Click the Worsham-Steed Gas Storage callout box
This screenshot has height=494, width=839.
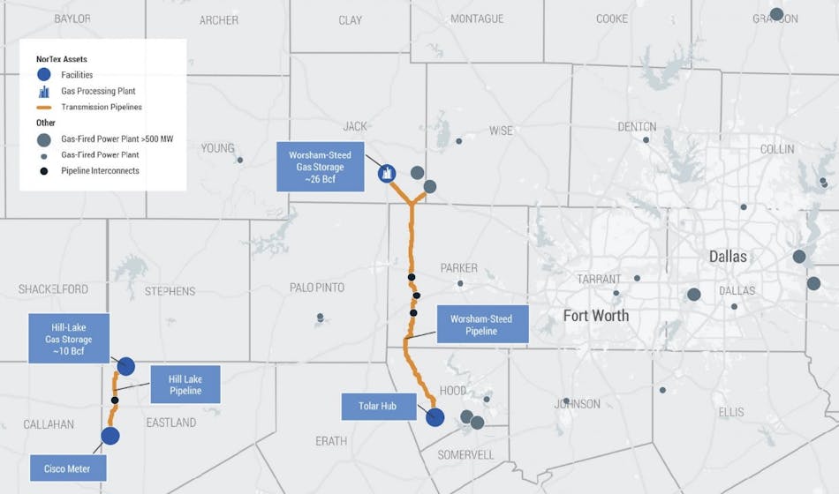tap(321, 166)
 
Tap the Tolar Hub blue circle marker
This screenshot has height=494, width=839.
tap(435, 416)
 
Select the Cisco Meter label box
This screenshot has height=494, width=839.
tap(67, 468)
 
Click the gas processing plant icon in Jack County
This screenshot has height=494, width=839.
tap(387, 174)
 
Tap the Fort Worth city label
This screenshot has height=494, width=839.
tap(596, 315)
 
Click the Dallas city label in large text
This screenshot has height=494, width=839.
tap(728, 257)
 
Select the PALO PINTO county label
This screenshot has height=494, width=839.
tap(317, 288)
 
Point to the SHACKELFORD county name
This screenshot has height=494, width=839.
tap(54, 288)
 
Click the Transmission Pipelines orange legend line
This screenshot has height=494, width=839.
tap(43, 107)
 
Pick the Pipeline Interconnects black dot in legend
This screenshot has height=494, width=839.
tap(43, 170)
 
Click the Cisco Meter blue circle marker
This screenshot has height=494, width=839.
tap(110, 436)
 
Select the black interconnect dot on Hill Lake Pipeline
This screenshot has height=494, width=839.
tap(115, 400)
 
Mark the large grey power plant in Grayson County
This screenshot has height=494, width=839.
tap(776, 14)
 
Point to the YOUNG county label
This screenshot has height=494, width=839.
tap(217, 148)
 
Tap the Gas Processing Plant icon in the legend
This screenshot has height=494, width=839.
tap(43, 91)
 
